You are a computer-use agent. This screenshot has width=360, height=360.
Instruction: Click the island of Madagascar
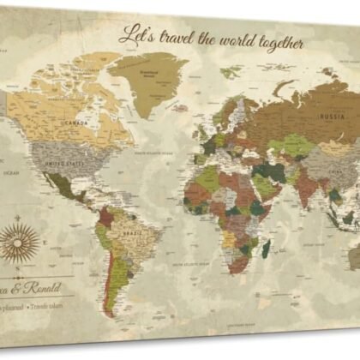pyautogui.click(x=266, y=249)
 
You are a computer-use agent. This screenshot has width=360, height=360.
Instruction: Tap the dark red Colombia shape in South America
pyautogui.click(x=107, y=214)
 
